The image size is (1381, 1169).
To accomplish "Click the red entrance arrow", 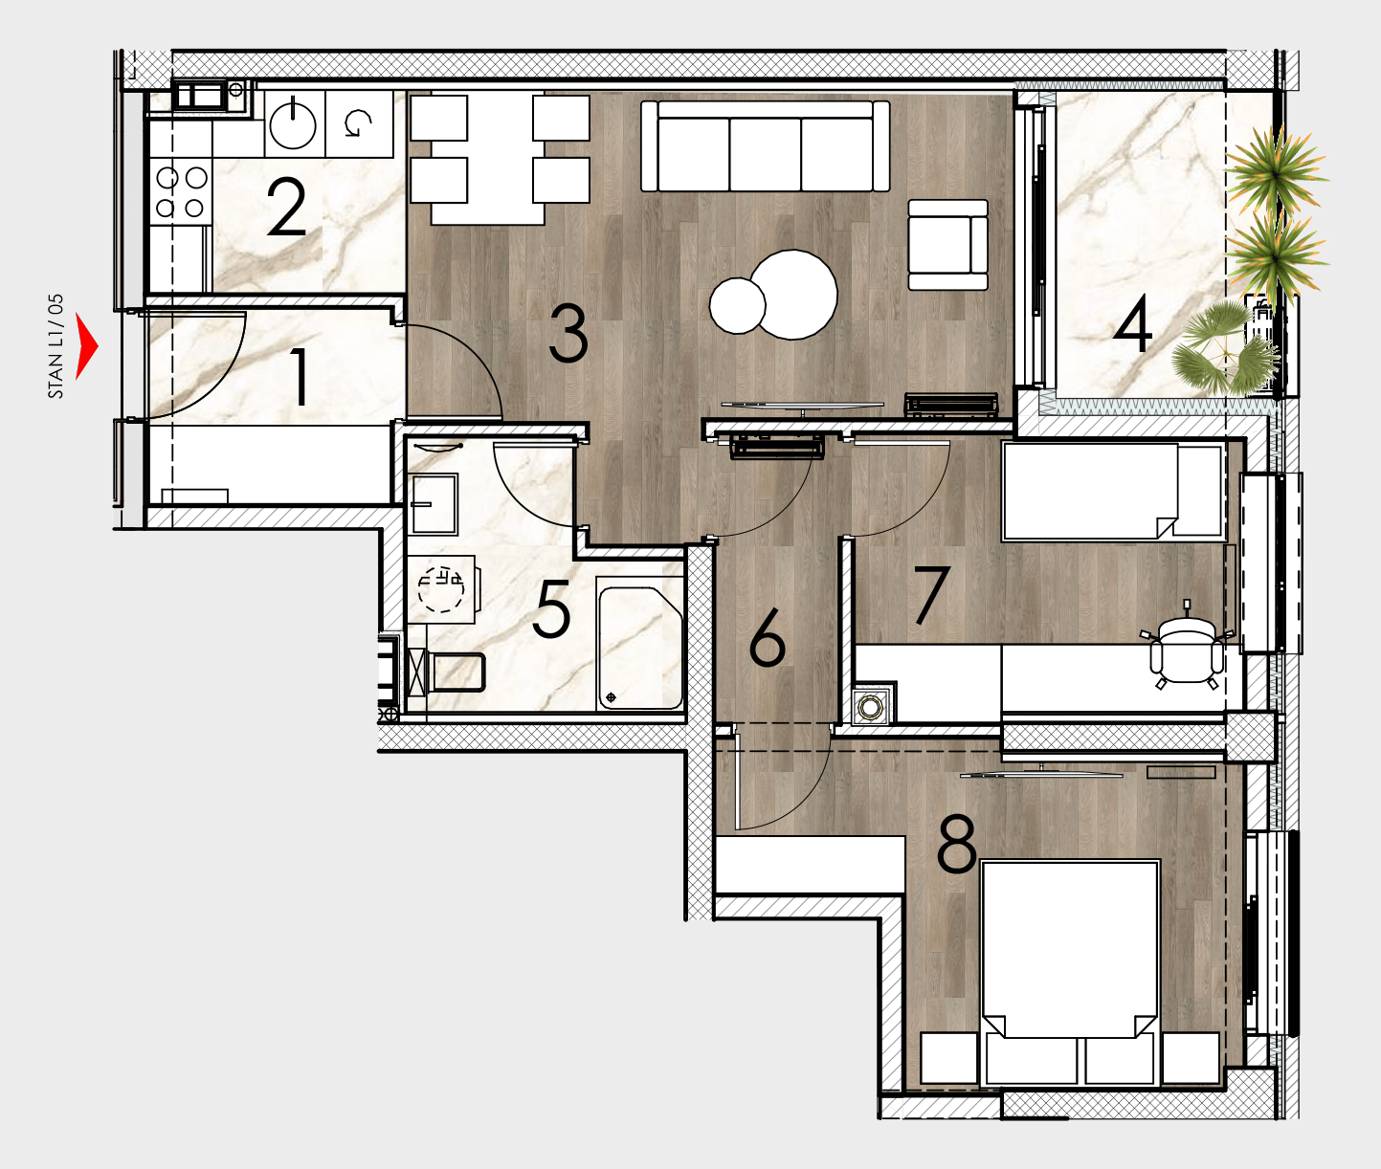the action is click(x=85, y=346).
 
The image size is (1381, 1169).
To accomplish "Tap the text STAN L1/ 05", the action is click(x=56, y=346).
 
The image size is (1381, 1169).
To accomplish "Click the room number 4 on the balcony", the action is click(x=1132, y=324).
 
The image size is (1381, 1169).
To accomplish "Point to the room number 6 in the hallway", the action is click(x=767, y=637).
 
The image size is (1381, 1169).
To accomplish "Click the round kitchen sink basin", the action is click(x=293, y=122).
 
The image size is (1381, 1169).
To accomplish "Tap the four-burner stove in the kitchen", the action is click(x=181, y=192).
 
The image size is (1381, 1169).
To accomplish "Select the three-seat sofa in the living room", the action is click(x=765, y=146).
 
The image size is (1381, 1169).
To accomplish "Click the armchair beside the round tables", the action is click(x=947, y=245).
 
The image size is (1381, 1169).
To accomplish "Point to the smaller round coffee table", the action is click(x=737, y=305).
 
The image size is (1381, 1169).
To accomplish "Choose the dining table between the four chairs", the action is click(x=488, y=158).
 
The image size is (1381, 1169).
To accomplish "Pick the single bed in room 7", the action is click(x=1112, y=491).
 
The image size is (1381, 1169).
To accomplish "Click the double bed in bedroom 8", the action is click(x=1070, y=972).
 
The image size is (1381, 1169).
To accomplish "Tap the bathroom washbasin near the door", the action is click(x=434, y=504).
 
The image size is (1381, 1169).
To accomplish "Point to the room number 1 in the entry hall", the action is click(x=300, y=377).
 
